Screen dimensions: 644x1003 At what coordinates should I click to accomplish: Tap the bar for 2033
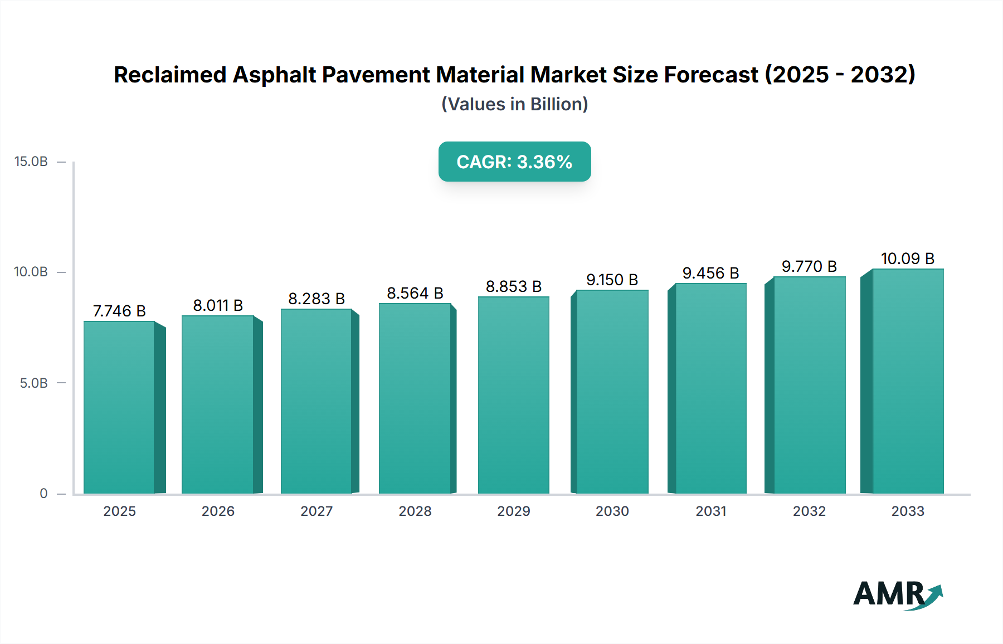908,381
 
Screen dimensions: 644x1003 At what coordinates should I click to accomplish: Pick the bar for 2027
316,401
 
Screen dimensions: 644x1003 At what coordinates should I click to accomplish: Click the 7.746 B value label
119,311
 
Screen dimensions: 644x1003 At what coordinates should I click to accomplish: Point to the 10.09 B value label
907,258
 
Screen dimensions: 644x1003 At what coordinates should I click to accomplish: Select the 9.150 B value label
612,280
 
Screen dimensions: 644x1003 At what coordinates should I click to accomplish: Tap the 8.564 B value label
415,293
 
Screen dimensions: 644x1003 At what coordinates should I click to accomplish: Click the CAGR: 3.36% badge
514,162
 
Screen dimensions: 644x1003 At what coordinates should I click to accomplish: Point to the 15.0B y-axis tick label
31,162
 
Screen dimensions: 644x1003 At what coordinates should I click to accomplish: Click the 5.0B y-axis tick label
33,383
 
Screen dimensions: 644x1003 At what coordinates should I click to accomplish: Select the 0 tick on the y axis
43,494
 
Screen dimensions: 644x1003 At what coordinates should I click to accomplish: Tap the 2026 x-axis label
218,511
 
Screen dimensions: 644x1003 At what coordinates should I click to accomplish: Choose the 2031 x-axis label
710,511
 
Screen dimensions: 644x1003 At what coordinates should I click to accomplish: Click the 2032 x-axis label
809,511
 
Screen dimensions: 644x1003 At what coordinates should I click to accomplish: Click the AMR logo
897,594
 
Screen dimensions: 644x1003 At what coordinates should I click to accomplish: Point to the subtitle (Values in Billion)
514,104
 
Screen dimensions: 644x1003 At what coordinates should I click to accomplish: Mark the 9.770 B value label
809,266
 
